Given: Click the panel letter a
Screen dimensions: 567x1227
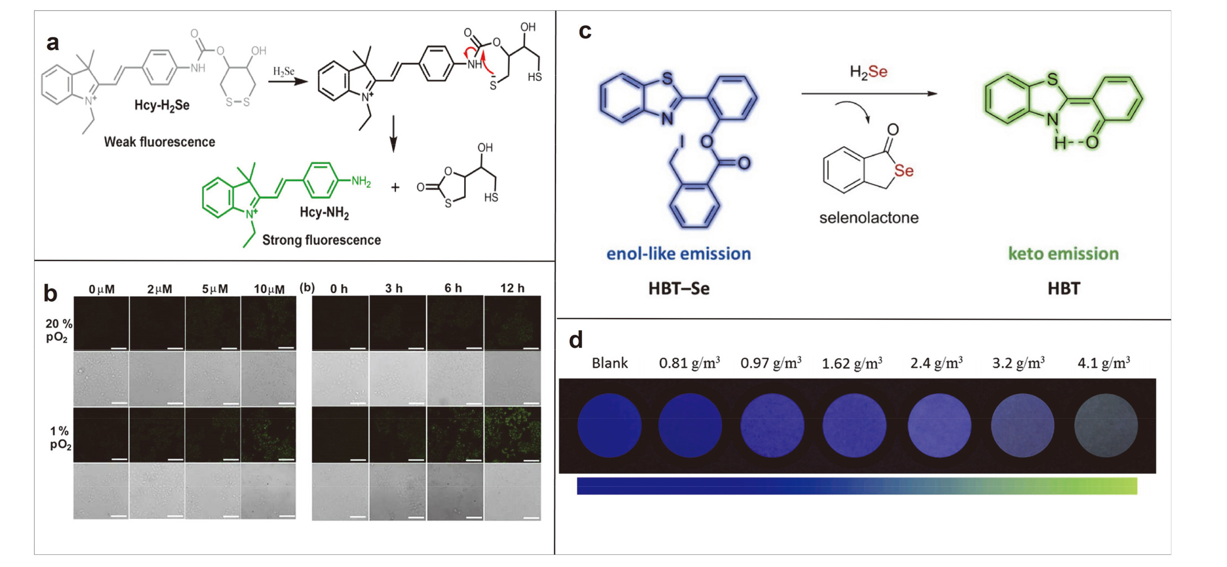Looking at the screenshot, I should tap(53, 43).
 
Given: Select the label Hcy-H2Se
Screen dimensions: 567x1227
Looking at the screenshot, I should tap(162, 105).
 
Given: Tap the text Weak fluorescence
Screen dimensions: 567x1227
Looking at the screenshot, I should tap(159, 142).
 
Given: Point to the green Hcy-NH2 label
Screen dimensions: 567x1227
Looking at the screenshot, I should tap(324, 213).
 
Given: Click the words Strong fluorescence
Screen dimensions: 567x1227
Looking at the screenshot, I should tap(321, 240).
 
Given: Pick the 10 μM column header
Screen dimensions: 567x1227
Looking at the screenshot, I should tap(269, 289).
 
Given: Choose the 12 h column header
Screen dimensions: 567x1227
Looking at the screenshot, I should tap(512, 288).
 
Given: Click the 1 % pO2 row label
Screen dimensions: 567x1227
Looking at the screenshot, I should tap(60, 438).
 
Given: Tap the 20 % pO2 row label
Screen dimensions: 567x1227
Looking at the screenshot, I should tap(58, 330).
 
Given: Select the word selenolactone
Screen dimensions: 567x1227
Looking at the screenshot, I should tap(868, 218).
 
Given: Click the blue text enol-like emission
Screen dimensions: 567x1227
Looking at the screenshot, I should tap(678, 253).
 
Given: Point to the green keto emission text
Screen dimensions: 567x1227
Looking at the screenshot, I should tap(1063, 253).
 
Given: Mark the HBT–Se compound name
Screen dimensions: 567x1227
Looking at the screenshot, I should tap(679, 288).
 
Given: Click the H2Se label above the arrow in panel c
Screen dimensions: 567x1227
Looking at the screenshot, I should tap(868, 72).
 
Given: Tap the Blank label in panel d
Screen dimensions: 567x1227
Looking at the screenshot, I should tap(609, 363).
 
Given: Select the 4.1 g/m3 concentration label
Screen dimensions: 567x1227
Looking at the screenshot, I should tap(1103, 363).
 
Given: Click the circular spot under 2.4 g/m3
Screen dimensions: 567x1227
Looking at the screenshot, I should tap(939, 425).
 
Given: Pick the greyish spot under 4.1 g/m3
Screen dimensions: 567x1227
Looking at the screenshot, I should tap(1105, 425).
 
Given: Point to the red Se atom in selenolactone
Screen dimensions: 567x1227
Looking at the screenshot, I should tap(904, 171).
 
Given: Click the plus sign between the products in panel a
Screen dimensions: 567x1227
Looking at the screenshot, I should tap(395, 188).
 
